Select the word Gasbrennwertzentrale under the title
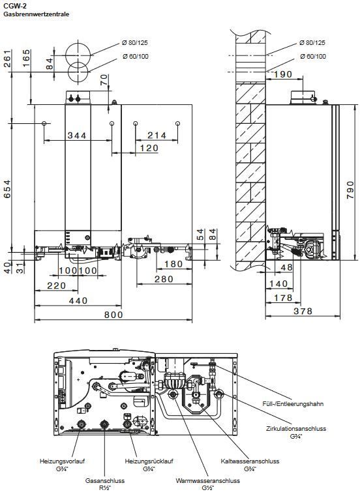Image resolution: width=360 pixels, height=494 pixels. click(37, 14)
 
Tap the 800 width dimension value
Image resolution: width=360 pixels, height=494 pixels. click(113, 314)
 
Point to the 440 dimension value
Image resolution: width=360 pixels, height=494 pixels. click(78, 300)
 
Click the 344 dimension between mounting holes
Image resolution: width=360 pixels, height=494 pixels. click(77, 136)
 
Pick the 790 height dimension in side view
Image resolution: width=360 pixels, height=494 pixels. click(350, 190)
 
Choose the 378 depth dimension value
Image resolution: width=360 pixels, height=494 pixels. click(303, 311)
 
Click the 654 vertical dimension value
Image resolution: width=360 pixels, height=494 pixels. click(7, 189)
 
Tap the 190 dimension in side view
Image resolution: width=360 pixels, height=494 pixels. click(283, 74)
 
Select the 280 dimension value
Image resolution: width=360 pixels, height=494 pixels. click(164, 279)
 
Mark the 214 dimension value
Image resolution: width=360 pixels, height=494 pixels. click(157, 136)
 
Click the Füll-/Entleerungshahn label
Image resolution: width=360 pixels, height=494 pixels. click(293, 403)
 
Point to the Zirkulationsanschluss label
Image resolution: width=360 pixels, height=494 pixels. click(296, 428)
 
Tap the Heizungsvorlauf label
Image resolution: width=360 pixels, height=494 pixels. click(62, 461)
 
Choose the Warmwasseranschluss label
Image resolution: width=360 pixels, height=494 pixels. click(208, 481)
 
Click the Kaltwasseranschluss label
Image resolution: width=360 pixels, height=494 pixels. click(250, 461)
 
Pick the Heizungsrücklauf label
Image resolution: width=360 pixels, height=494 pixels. click(149, 461)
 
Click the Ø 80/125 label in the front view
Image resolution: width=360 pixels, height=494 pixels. click(135, 42)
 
